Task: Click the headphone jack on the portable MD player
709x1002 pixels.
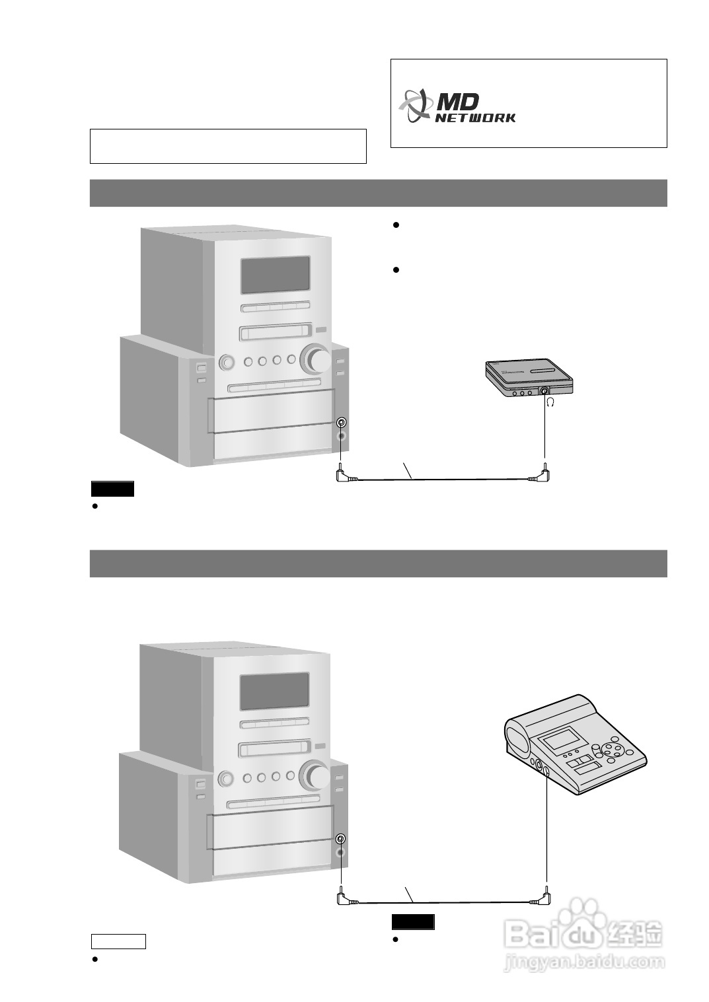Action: [544, 391]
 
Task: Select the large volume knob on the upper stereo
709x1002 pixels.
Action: [316, 359]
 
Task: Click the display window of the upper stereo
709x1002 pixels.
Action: [275, 275]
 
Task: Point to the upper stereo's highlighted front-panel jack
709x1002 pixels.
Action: [341, 423]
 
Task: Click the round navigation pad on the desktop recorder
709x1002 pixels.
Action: [613, 750]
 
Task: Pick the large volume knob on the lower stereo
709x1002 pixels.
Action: [315, 775]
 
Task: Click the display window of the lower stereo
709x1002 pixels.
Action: [274, 692]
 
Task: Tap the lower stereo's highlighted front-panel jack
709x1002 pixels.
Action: [340, 839]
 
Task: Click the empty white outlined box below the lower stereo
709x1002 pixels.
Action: [118, 941]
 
